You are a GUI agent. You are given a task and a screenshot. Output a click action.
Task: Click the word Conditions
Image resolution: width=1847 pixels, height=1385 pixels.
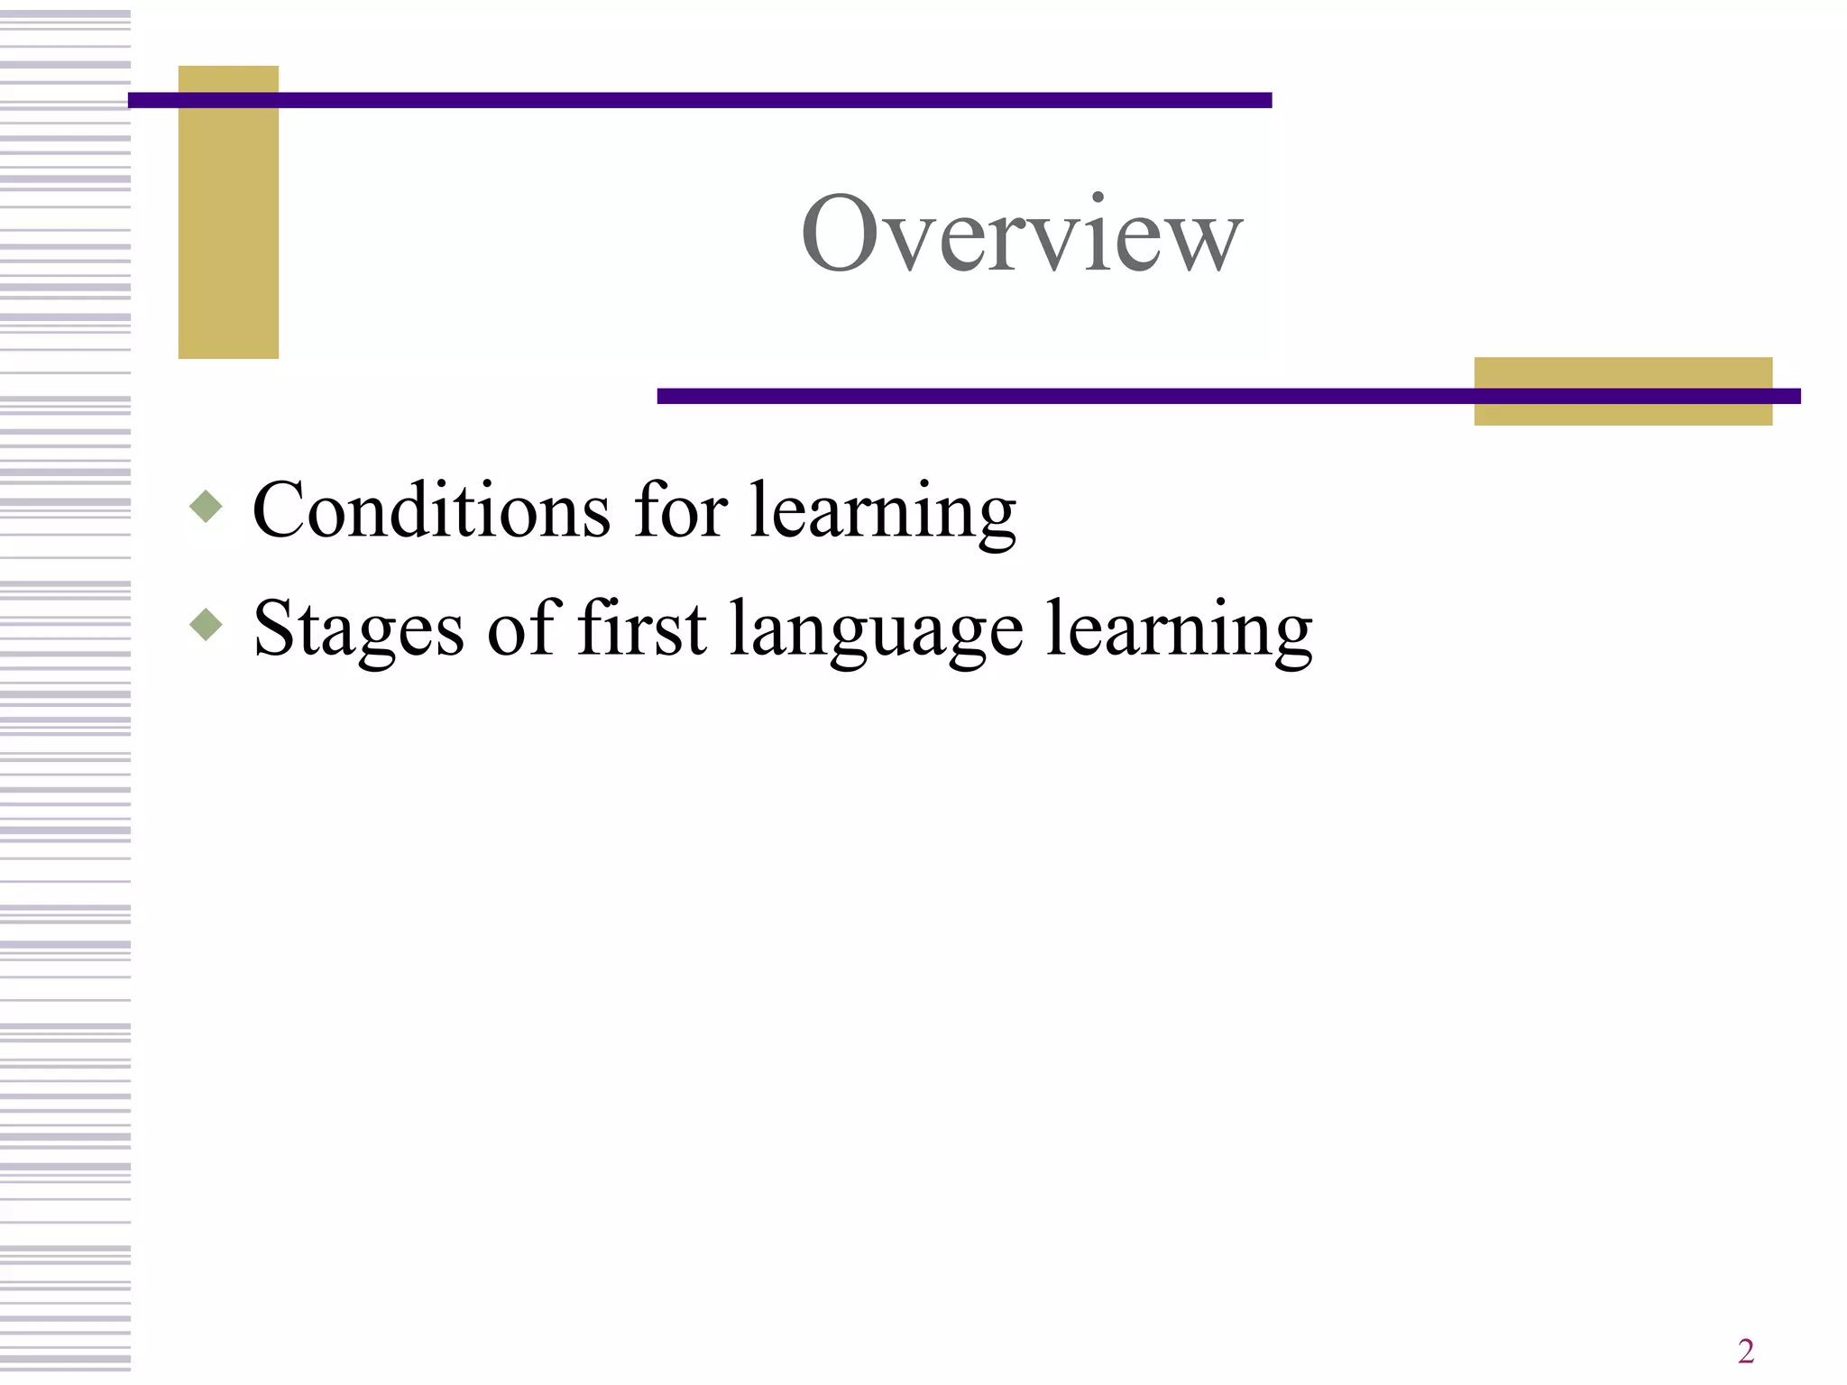[431, 510]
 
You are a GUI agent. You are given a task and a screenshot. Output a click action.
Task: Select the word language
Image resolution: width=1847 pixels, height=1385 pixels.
[876, 633]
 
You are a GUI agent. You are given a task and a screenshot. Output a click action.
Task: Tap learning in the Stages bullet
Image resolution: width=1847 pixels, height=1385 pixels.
[1179, 633]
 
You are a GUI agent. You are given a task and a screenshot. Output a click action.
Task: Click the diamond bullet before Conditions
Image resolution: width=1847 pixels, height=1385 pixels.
[207, 507]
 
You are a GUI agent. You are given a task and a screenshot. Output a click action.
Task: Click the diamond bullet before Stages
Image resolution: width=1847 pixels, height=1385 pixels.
[207, 624]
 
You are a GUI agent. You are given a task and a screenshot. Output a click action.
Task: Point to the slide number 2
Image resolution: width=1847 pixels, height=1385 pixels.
[1745, 1351]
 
